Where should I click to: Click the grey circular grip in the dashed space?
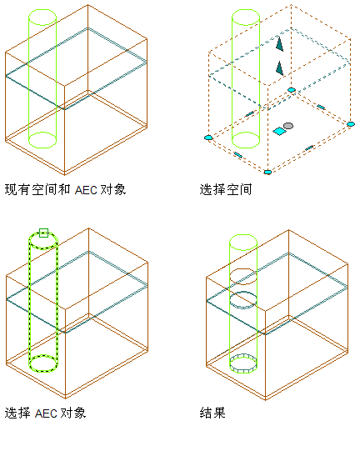point(288,126)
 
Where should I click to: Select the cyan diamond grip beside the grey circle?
point(279,132)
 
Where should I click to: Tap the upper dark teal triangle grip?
point(279,44)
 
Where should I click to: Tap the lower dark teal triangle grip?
point(279,69)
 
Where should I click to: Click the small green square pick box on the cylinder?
point(43,233)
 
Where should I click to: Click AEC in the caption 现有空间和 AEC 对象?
point(86,190)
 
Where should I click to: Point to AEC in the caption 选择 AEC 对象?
point(46,413)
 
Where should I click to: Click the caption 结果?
point(212,413)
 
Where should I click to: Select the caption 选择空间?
point(226,189)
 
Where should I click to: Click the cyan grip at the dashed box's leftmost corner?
point(208,138)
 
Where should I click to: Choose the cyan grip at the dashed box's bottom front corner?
point(267,172)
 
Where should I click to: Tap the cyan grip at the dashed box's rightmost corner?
point(351,124)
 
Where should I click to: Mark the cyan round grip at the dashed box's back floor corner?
point(292,90)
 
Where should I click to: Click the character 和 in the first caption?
point(64,189)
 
